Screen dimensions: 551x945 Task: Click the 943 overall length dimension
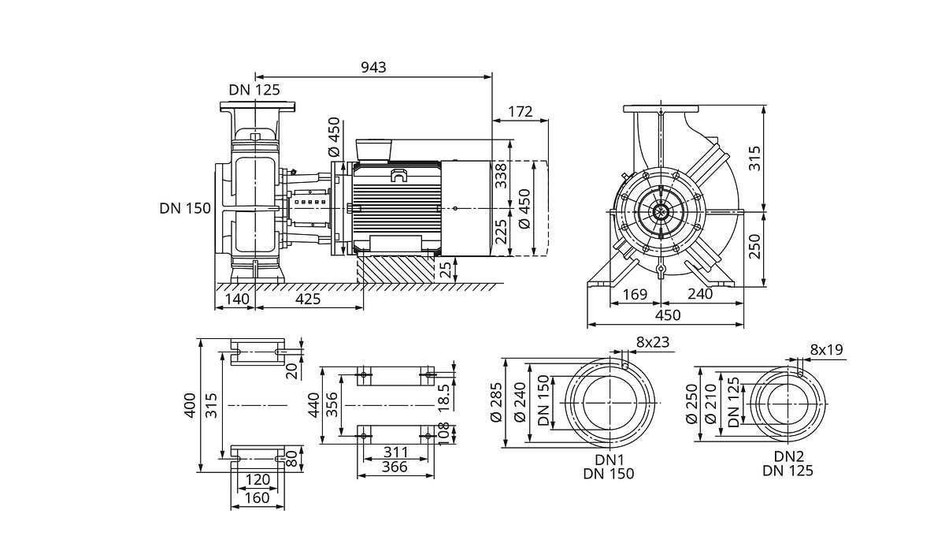coord(374,67)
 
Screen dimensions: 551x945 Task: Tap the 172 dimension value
coord(521,111)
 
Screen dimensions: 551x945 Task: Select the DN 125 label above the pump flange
coord(254,91)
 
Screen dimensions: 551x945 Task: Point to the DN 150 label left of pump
coord(185,208)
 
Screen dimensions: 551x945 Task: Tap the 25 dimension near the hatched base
coord(447,270)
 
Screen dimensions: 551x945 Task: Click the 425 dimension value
coord(308,300)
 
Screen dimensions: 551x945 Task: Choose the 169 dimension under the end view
coord(634,294)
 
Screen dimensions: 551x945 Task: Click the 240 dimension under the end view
coord(699,294)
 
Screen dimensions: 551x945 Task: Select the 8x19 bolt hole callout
coord(825,349)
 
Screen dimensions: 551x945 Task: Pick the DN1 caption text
coord(609,457)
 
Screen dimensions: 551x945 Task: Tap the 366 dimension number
coord(395,467)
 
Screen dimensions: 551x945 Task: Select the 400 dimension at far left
coord(190,405)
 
